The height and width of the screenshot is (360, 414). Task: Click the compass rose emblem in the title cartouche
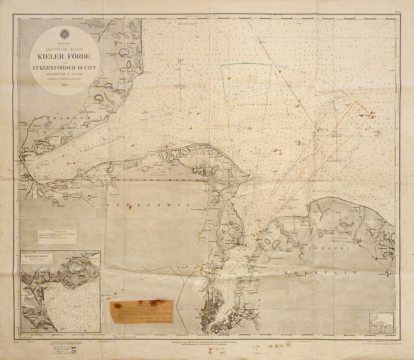(65, 34)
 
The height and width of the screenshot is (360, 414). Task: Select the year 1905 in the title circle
(64, 85)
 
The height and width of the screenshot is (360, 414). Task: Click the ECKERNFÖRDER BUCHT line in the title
(65, 67)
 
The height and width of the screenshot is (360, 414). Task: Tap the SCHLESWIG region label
(148, 205)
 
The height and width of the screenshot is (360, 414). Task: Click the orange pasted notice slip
(142, 311)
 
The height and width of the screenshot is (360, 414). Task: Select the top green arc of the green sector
(246, 64)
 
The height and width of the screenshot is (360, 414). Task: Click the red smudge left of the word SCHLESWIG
(130, 207)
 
